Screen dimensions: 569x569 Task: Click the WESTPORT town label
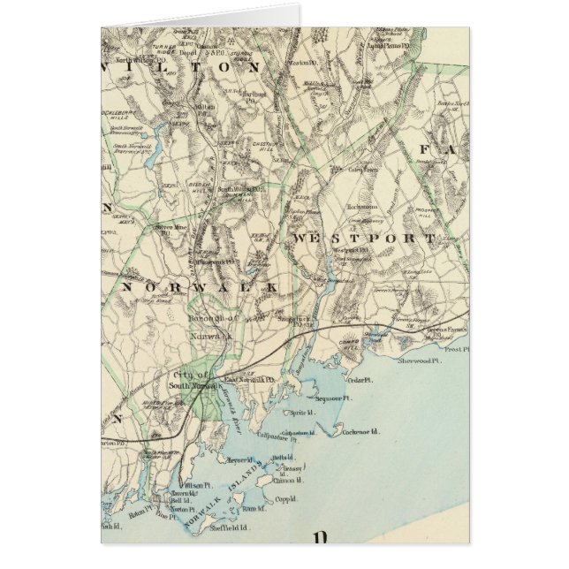point(362,239)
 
